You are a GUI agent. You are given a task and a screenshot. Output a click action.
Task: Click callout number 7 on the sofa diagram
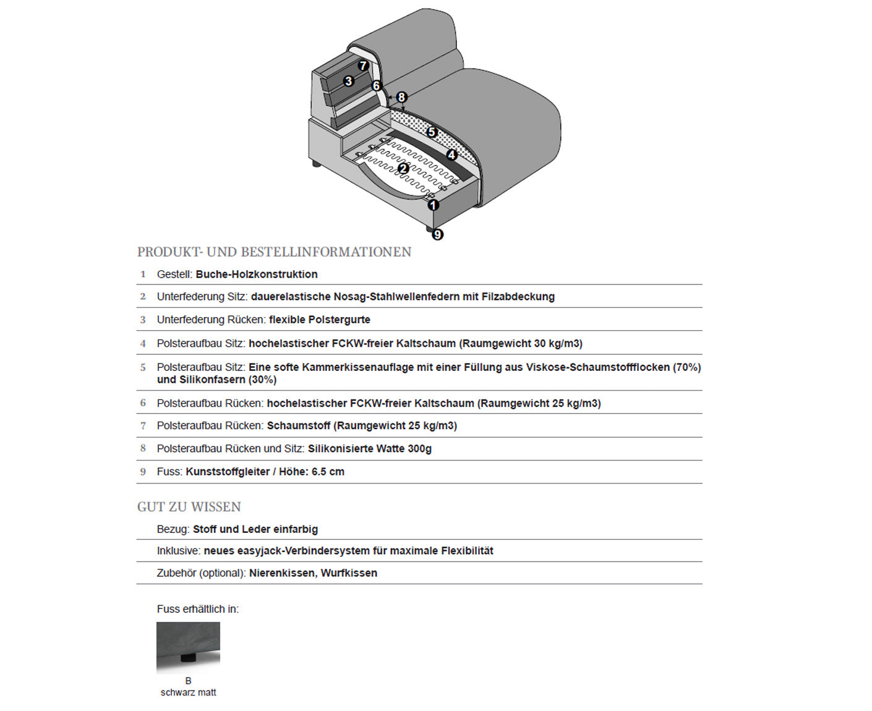[x=363, y=66]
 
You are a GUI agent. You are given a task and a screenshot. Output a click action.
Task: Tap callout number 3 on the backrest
[x=349, y=81]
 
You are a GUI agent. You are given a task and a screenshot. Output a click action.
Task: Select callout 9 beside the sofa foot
[x=438, y=234]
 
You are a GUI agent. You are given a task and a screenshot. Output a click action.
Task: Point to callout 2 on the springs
[x=403, y=168]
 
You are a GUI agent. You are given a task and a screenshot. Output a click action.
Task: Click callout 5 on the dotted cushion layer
[x=432, y=132]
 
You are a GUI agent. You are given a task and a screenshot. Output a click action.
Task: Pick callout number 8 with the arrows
[x=401, y=97]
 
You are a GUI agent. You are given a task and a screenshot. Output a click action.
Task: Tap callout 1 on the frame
[x=433, y=205]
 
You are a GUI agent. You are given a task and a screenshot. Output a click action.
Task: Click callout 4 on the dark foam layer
[x=452, y=155]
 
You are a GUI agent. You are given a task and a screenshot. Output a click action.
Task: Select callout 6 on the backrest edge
[x=377, y=86]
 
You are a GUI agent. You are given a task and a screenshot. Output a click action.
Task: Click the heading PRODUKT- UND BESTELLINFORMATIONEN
[x=274, y=252]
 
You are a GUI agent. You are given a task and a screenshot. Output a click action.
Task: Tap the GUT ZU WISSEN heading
[x=189, y=507]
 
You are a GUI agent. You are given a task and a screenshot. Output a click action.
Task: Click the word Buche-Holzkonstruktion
[x=257, y=275]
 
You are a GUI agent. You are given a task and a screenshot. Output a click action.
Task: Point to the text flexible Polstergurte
[x=320, y=320]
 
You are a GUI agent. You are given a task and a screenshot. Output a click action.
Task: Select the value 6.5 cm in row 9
[x=328, y=472]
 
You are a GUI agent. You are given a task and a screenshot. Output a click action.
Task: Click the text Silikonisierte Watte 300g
[x=370, y=449]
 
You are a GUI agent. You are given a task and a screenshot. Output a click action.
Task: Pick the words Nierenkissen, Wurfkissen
[x=313, y=573]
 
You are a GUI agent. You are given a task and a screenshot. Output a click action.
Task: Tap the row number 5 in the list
[x=143, y=367]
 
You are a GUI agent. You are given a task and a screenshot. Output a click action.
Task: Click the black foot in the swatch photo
[x=186, y=658]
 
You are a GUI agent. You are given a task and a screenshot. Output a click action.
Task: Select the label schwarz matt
[x=188, y=692]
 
